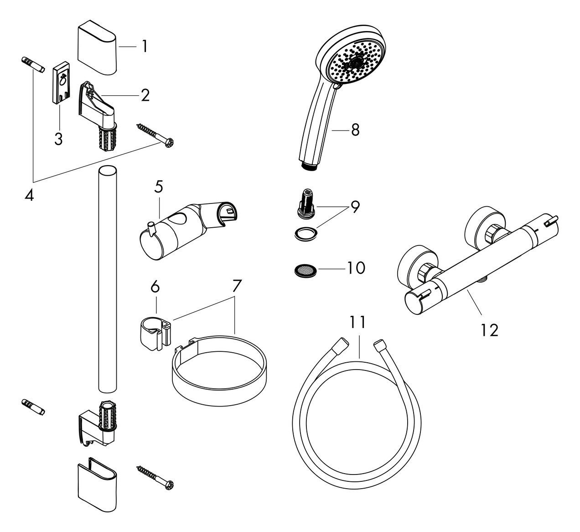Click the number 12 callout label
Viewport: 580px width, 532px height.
point(489,329)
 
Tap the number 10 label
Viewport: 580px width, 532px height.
point(356,268)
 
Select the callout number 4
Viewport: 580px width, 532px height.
point(29,196)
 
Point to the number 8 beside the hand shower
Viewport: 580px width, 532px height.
point(355,130)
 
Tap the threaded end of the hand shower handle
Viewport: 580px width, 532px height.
point(310,166)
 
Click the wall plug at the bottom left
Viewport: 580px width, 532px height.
point(33,406)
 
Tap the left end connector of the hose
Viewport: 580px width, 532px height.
point(340,345)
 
